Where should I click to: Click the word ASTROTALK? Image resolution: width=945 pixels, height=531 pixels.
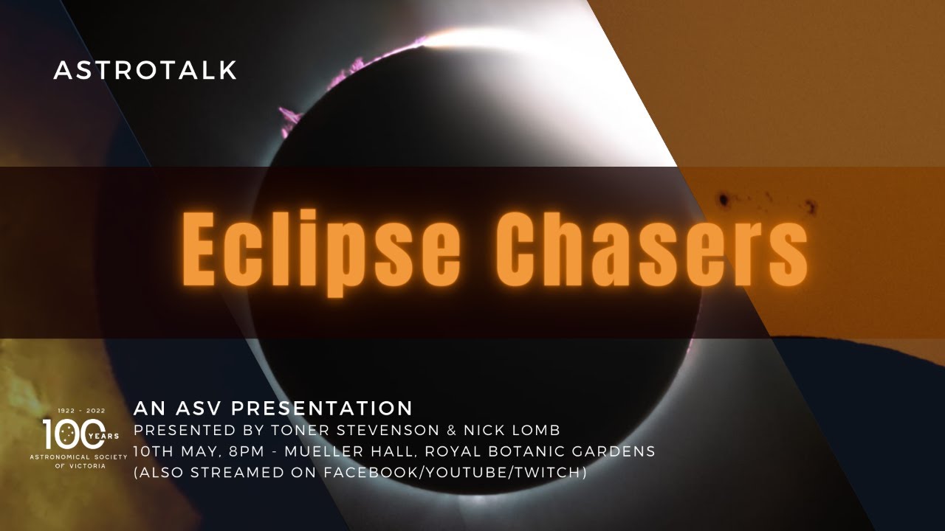point(145,71)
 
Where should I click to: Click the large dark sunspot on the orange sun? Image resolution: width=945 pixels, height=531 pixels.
point(724,199)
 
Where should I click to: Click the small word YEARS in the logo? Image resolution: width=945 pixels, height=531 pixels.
point(106,436)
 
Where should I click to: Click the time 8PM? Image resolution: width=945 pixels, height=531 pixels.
point(239,451)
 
